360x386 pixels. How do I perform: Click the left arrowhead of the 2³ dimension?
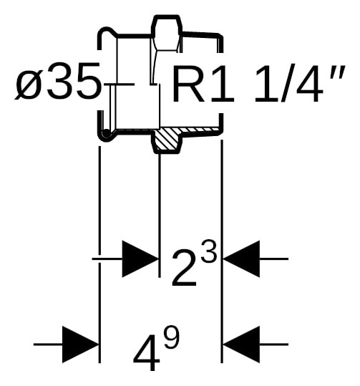(140, 259)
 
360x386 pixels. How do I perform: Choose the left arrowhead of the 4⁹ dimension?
(80, 344)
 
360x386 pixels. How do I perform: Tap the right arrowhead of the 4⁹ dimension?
(241, 344)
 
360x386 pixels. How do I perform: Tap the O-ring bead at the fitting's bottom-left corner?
(105, 134)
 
